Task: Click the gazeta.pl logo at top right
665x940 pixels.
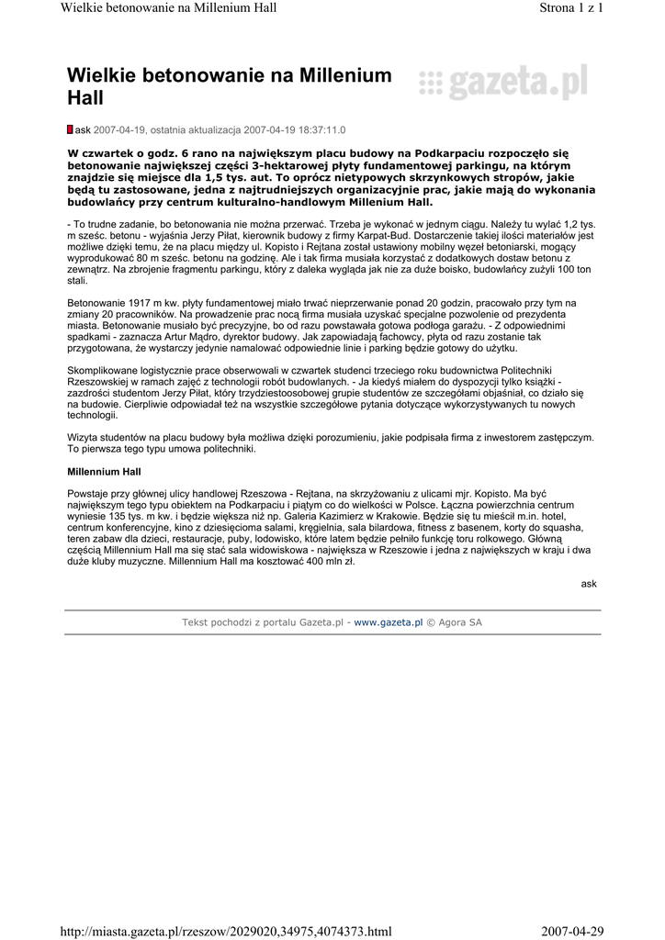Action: pos(502,84)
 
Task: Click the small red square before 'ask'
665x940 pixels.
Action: pos(71,130)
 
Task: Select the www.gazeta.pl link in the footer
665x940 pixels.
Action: pos(388,622)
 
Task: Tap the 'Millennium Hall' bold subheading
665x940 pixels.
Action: pos(105,471)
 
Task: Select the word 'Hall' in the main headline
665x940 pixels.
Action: pos(86,98)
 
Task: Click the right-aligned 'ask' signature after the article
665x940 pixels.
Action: pos(589,583)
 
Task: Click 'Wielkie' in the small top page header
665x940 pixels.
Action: pos(81,8)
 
